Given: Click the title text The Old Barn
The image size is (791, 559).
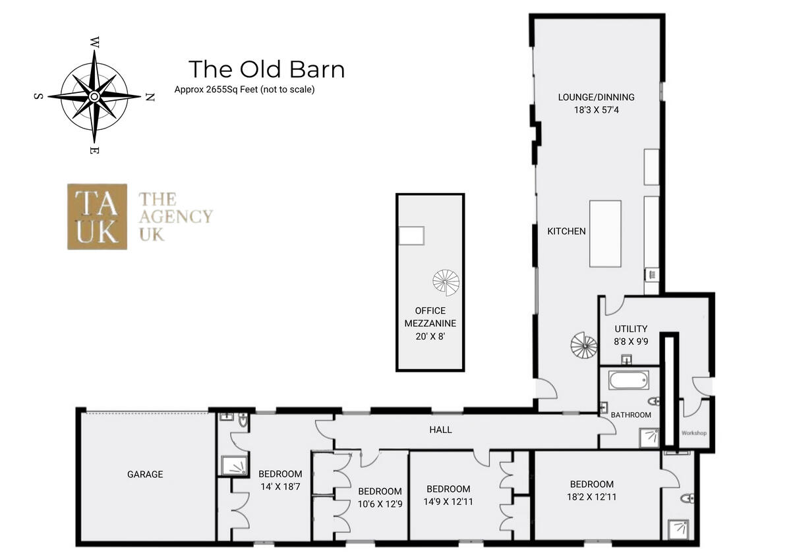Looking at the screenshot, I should (266, 69).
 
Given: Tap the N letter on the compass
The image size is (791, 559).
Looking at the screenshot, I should (150, 98).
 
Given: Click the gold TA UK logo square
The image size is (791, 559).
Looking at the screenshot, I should (97, 216).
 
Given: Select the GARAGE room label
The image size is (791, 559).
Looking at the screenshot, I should (145, 474).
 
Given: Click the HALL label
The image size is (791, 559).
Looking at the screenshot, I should (440, 430).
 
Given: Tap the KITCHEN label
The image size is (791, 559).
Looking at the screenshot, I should (566, 231).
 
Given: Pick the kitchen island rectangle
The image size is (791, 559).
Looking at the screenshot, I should (605, 233).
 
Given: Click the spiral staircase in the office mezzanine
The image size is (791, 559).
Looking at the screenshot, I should (446, 282).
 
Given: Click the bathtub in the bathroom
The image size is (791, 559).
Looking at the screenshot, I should (628, 381).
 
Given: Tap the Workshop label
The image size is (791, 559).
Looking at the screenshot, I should (693, 433).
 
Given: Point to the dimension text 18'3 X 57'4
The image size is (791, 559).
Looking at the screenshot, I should (596, 110).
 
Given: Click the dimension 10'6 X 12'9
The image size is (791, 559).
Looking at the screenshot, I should (380, 504).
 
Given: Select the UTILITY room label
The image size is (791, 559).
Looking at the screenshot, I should (631, 328).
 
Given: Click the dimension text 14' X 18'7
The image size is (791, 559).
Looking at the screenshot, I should (280, 486).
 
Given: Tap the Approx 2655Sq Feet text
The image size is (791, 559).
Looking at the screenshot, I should (244, 90).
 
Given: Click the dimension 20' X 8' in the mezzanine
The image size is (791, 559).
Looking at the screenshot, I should (430, 336).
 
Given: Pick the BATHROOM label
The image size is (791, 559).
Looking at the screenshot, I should (631, 415).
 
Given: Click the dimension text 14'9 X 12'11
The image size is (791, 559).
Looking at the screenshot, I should (448, 501).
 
